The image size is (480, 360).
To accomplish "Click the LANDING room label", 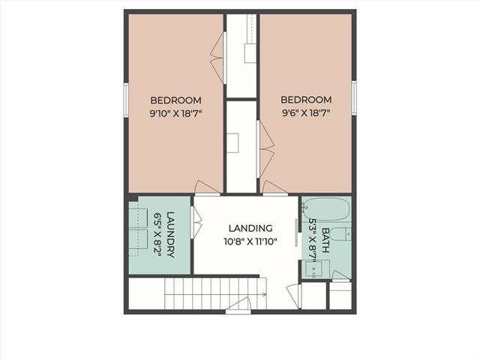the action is point(250,228).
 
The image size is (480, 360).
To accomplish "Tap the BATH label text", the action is point(325,240).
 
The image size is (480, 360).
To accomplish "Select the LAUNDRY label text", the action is point(170,235).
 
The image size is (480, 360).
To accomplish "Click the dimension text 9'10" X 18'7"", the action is point(176,114).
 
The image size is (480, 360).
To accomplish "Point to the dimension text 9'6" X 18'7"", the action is point(306,113).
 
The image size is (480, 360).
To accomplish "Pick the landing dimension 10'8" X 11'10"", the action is point(250,241).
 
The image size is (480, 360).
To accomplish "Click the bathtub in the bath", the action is point(325,209).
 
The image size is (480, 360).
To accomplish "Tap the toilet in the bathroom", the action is point(341,235).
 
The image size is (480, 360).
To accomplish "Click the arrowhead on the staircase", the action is point(264,295).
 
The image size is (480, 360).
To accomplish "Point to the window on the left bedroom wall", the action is point(126,100).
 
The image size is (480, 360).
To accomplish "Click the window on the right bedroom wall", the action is point(354,97).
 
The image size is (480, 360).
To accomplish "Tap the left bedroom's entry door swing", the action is point(208,187).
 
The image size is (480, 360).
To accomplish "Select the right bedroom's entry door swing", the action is point(275,187).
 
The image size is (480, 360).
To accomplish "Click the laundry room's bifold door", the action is point(196,223).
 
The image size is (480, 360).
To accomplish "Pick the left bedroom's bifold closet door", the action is point(218,58).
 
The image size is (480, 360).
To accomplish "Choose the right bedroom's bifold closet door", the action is point(265,149).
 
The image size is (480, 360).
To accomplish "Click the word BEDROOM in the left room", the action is point(176,100).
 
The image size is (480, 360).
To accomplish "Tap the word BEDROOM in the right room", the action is point(306,100).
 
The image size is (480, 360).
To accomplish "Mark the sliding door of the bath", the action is point(296,232).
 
